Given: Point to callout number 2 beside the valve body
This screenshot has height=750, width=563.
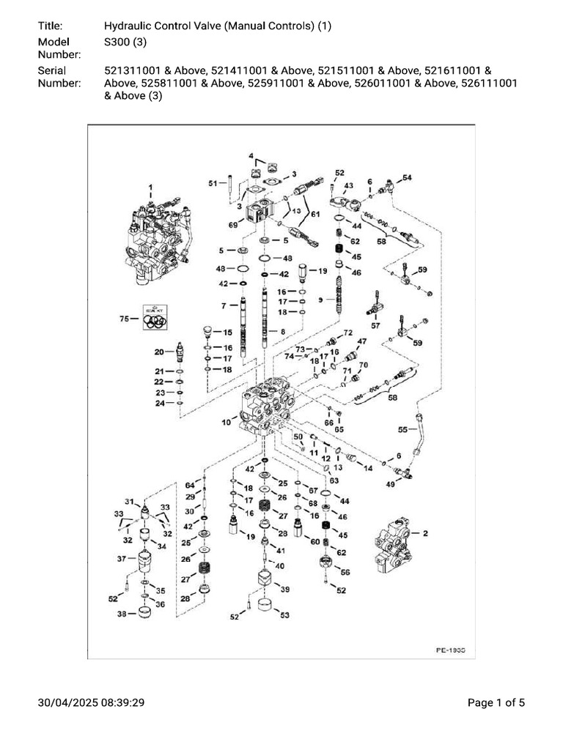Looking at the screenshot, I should (424, 534).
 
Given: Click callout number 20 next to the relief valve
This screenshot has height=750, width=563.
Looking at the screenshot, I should (158, 352).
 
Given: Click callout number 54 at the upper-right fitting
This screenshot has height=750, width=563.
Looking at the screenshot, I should (408, 178).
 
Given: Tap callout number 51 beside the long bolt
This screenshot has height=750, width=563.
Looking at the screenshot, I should (213, 183).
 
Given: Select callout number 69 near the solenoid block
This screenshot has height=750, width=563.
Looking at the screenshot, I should (234, 225).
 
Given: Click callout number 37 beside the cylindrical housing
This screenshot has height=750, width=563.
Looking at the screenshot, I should (122, 559).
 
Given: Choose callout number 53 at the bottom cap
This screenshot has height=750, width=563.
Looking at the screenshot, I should (284, 615).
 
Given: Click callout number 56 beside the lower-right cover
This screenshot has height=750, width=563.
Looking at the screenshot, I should (345, 572).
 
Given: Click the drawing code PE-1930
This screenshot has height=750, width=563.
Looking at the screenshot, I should (451, 650).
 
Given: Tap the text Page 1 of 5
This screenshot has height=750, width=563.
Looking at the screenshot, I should (496, 703).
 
